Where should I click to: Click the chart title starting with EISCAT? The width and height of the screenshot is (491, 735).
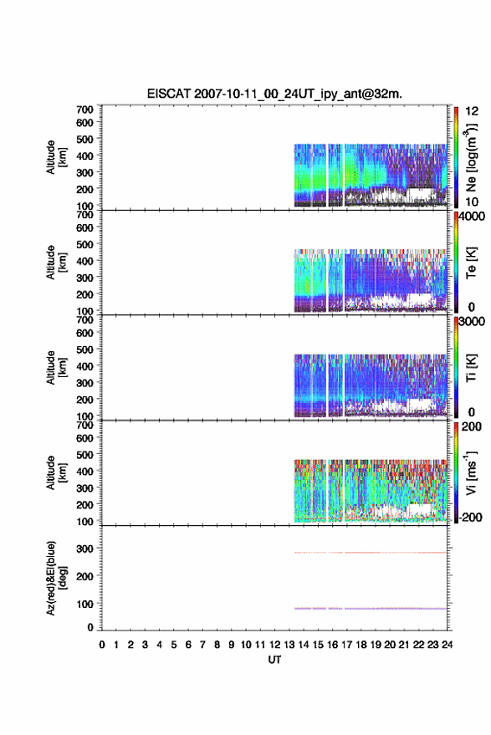click(x=274, y=94)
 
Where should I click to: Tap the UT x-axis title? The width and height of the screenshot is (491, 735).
click(x=274, y=660)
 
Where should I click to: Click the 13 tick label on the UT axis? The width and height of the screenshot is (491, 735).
click(x=289, y=645)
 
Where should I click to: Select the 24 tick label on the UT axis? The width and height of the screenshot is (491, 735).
click(x=447, y=645)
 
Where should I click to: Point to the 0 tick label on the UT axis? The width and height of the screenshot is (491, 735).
click(x=102, y=645)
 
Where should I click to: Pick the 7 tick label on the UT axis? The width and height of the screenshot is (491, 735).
click(x=202, y=645)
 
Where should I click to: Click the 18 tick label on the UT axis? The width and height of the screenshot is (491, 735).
click(x=361, y=645)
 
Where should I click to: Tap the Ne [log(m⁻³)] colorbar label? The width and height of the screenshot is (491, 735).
click(x=471, y=157)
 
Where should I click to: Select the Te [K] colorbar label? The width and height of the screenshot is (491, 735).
click(x=471, y=263)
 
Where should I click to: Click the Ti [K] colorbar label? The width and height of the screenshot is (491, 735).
click(x=471, y=368)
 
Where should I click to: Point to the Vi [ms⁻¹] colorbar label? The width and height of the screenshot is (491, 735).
click(x=471, y=472)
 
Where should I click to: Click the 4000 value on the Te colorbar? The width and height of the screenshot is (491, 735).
click(x=473, y=217)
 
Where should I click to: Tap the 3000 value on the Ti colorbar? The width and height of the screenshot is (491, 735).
click(x=473, y=322)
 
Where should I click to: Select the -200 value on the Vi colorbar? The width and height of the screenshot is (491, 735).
click(x=470, y=517)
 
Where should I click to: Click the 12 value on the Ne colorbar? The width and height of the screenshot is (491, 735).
click(x=473, y=111)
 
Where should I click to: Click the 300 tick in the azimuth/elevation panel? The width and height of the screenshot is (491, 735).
click(x=84, y=549)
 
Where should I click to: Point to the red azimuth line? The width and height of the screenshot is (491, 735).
click(x=371, y=553)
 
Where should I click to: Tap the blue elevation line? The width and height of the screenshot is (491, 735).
click(x=371, y=609)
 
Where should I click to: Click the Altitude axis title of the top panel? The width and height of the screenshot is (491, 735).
click(x=56, y=157)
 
